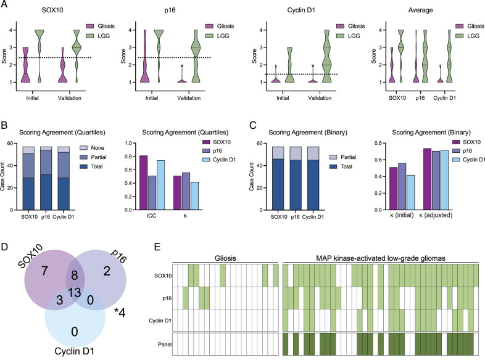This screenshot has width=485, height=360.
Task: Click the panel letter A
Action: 4,4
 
